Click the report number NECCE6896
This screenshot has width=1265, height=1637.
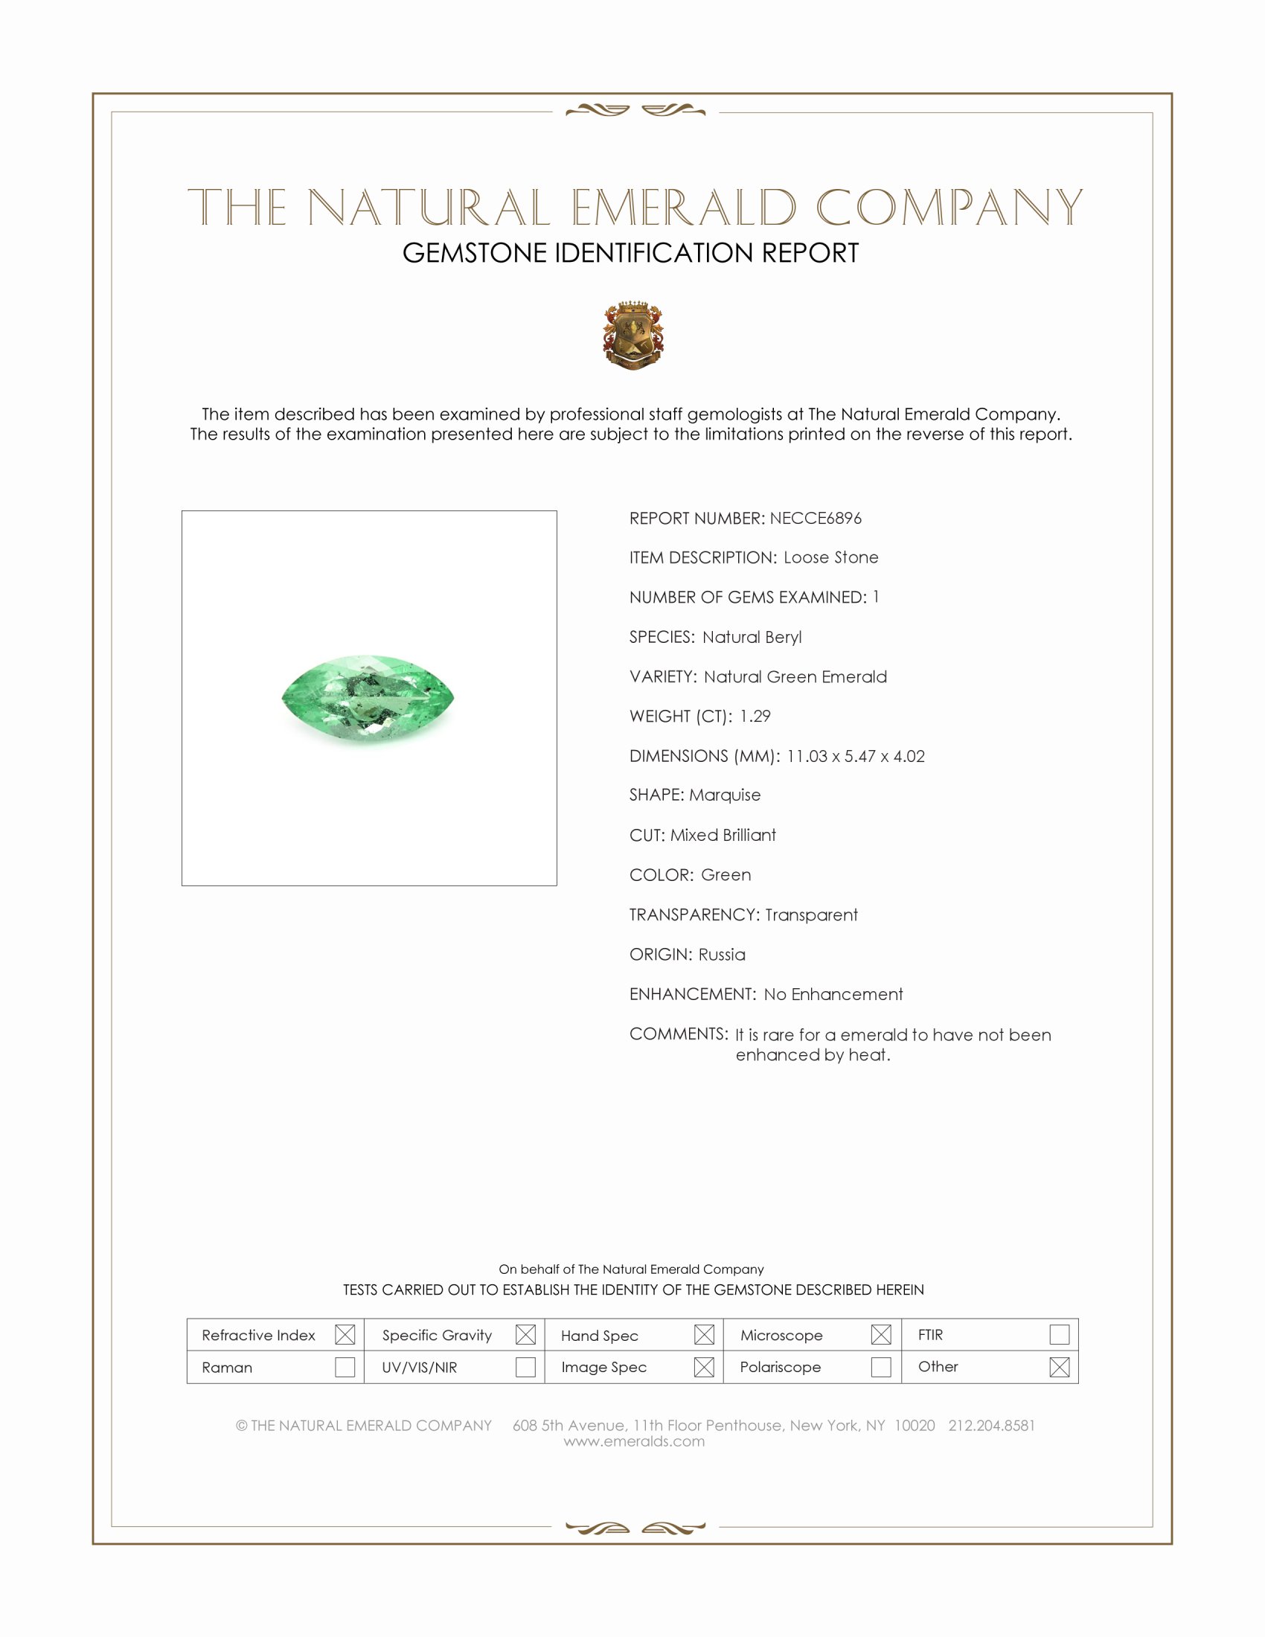coord(816,518)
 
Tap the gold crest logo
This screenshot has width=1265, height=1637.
coord(633,335)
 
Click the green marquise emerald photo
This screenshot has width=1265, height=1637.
coord(368,699)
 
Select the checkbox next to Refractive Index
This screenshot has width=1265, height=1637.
coord(345,1335)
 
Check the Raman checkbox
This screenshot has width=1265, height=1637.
coord(345,1367)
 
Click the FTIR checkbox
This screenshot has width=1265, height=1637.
coord(1059,1335)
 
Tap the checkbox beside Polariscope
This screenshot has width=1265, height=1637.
coord(881,1367)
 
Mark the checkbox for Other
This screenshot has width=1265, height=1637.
coord(1059,1367)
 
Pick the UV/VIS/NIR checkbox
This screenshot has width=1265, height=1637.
coord(525,1367)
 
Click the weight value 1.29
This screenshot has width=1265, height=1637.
coord(755,717)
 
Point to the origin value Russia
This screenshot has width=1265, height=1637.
coord(722,954)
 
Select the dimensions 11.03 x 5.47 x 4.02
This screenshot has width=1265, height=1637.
coord(855,756)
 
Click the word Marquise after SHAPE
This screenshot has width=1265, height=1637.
coord(725,795)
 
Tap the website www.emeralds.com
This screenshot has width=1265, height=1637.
coord(634,1441)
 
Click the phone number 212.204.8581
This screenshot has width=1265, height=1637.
coord(991,1426)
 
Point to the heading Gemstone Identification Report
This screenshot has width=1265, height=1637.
coord(630,253)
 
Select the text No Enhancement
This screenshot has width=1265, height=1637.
coord(833,995)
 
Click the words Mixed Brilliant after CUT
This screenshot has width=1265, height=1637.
coord(723,835)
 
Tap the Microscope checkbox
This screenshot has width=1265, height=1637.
coord(881,1335)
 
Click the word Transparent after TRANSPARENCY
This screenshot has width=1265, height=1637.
coord(811,914)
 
